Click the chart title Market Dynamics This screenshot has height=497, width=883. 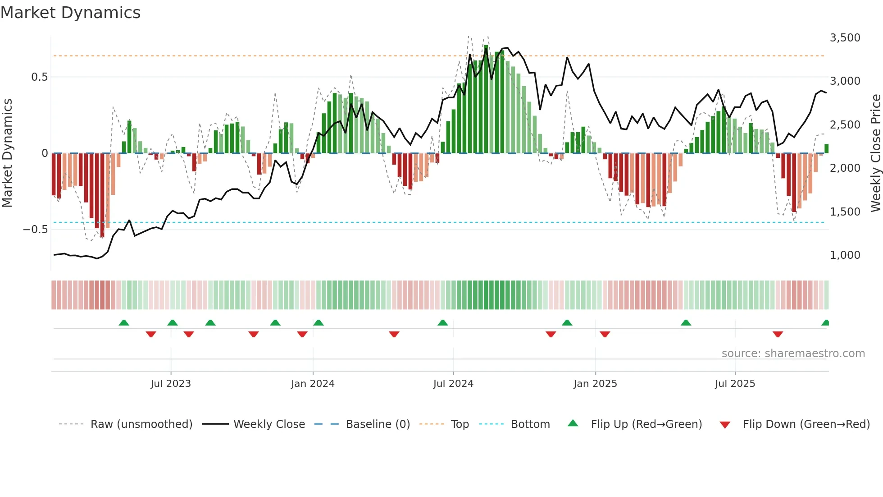[70, 13]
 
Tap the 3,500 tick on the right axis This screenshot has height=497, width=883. [845, 38]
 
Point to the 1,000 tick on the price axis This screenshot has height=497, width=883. [845, 255]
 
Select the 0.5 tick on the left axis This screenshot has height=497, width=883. [39, 77]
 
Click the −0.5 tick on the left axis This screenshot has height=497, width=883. [36, 230]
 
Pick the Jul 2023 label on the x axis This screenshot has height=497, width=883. [171, 384]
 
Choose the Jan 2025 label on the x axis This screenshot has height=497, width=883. [595, 384]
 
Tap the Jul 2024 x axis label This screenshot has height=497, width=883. [453, 384]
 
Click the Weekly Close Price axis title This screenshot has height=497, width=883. [875, 153]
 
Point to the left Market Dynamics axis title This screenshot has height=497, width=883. [7, 153]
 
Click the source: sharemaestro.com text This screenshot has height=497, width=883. [793, 354]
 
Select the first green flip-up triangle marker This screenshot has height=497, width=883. [124, 323]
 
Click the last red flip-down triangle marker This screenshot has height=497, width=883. [778, 334]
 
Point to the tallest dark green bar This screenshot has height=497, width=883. [486, 99]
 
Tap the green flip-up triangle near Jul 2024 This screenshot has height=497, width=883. [443, 323]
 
